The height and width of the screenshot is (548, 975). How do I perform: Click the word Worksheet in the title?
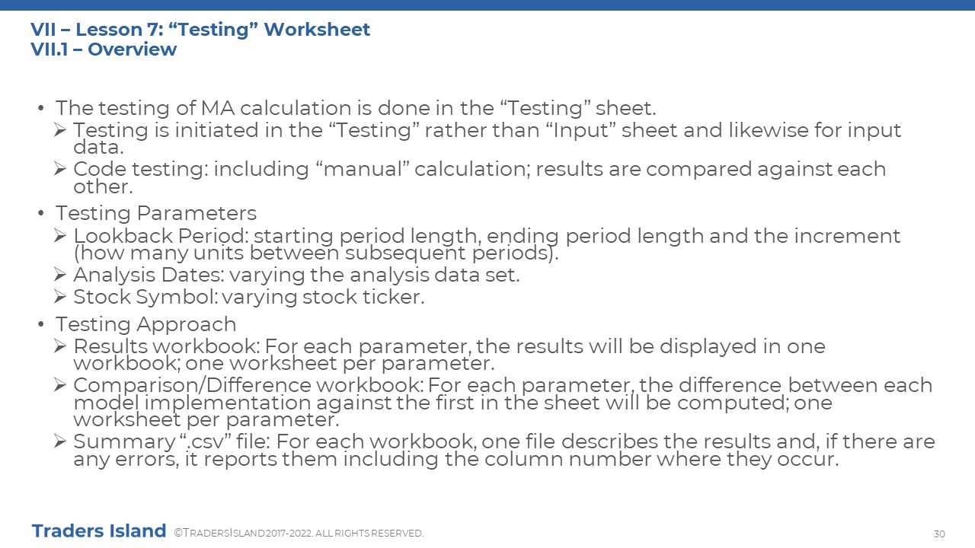[317, 30]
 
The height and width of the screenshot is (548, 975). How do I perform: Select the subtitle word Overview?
[133, 49]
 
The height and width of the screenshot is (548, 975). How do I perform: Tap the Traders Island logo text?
[99, 531]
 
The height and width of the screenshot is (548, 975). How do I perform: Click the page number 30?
[939, 534]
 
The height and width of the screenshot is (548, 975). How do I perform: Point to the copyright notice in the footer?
[299, 533]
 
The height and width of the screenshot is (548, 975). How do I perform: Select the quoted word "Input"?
[580, 130]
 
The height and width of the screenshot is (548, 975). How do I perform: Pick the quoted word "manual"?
[362, 169]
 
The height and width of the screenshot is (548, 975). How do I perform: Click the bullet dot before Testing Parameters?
[41, 213]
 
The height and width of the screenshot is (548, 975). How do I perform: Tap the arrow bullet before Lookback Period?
[60, 236]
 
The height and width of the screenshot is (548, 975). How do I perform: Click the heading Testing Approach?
[145, 324]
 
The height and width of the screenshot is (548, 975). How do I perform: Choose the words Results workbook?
[167, 346]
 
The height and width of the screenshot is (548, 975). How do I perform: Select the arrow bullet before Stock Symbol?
[60, 297]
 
